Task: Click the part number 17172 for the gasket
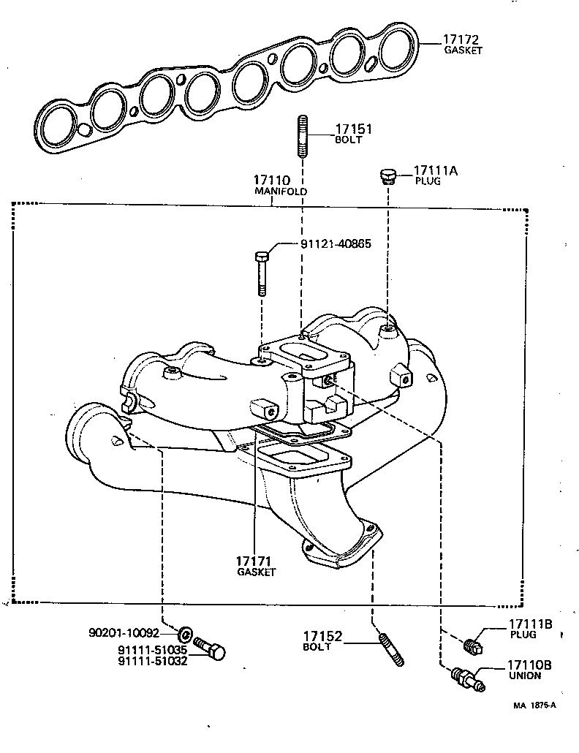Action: coord(463,39)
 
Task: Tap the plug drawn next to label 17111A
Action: coord(387,175)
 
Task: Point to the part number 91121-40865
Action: coord(336,243)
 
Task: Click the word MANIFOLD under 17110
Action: coord(280,191)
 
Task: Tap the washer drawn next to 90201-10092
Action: coord(186,632)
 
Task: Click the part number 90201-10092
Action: coord(124,632)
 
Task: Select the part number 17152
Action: coord(322,637)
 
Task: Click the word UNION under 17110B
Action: coord(524,676)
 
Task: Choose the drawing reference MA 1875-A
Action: coord(534,705)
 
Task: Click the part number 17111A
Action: coord(435,170)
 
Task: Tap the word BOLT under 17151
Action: coord(348,140)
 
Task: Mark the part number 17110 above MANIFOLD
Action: coord(272,180)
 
